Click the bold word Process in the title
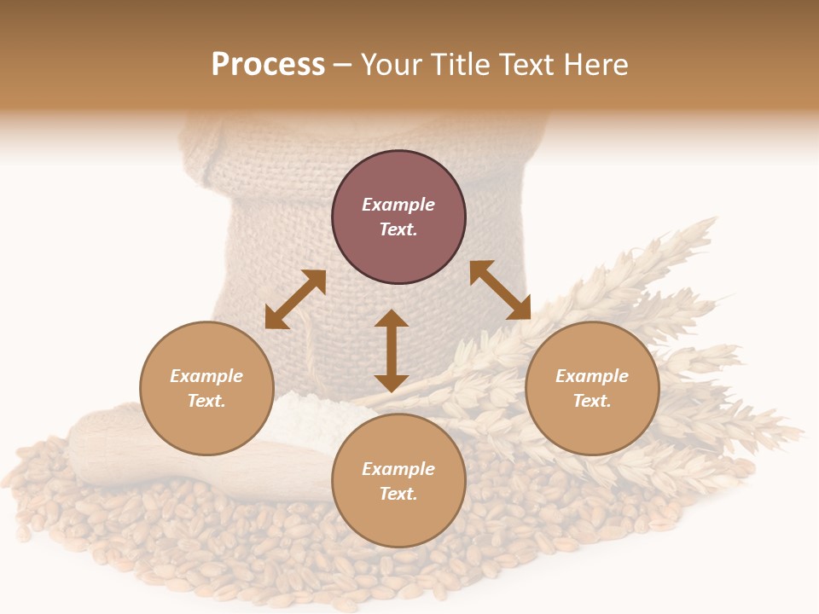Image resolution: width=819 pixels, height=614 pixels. click(268, 65)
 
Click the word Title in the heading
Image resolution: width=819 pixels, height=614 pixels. click(463, 65)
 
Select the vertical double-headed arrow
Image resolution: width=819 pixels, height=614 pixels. click(392, 351)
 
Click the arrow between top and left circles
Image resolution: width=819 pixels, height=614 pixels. click(295, 299)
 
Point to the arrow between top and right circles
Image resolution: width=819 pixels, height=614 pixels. click(501, 291)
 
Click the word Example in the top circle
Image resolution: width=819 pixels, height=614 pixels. click(398, 205)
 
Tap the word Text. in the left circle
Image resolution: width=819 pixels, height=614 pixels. click(206, 401)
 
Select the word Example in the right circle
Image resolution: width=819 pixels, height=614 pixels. click(592, 376)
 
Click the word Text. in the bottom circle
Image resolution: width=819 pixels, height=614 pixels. click(398, 494)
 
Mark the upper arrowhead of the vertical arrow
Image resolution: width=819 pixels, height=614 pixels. click(392, 320)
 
